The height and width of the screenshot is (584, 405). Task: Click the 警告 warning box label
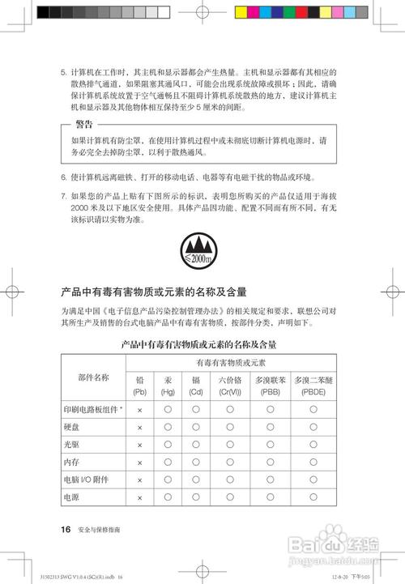pos(83,124)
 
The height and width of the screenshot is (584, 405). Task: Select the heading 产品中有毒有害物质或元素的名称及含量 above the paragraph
pos(154,291)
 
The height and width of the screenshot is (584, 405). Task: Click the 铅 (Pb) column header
pos(139,385)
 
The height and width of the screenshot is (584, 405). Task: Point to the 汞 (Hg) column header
pos(168,385)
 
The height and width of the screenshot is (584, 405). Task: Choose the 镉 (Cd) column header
pos(196,385)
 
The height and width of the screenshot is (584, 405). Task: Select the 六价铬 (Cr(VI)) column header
pos(230,385)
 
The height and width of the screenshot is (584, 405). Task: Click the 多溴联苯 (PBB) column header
pos(271,385)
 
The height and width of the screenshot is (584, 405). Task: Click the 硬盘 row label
pos(71,427)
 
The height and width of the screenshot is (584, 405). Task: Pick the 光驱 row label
pos(71,445)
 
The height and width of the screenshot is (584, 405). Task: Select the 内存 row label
pos(71,463)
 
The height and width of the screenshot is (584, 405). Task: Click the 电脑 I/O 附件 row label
pos(86,480)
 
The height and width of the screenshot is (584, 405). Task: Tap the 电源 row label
pos(71,497)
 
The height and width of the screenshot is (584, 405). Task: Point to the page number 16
pos(66,530)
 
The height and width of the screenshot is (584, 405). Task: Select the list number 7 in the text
pos(64,195)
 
